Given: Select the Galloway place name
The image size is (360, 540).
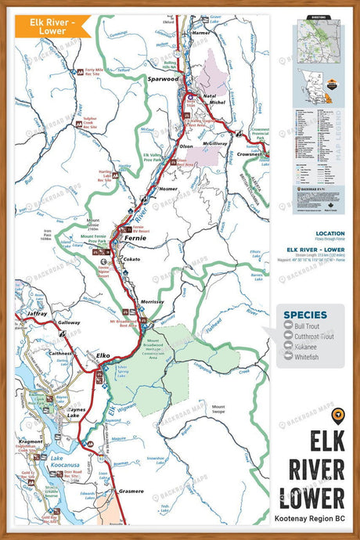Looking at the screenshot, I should click(x=68, y=322).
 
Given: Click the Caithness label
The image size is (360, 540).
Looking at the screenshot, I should click(x=59, y=353).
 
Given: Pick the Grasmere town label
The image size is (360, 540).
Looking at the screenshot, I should click(x=136, y=491).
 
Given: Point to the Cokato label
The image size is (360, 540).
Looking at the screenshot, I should click(x=131, y=258).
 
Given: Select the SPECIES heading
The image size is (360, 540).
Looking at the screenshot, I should click(x=306, y=316).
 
